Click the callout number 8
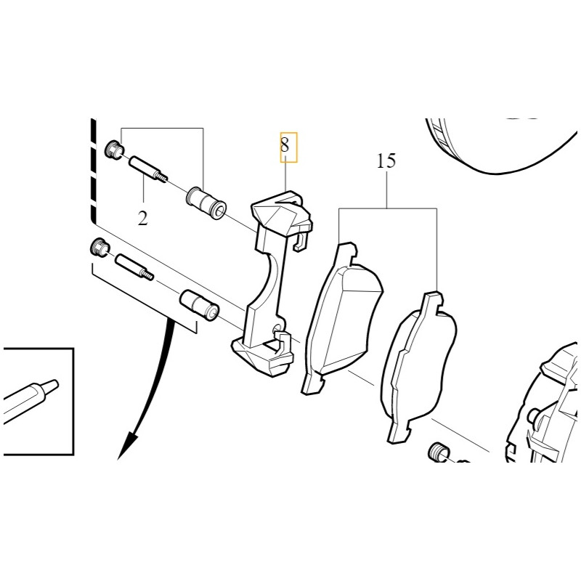284,145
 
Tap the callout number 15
386,161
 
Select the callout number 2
143,219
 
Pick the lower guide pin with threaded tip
134,267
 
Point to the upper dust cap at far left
114,150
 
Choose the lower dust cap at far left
99,247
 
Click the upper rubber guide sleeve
206,203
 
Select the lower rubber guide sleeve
200,305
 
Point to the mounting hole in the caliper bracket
277,330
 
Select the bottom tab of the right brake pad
399,431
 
